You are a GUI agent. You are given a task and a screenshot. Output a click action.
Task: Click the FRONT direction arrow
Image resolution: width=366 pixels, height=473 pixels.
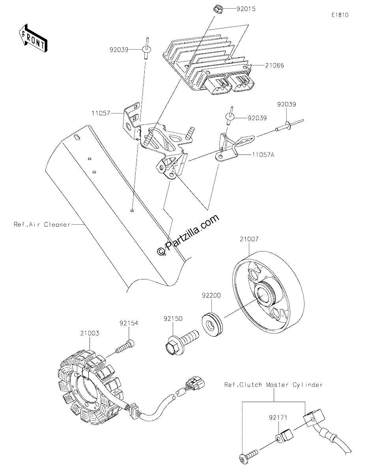point(33,38)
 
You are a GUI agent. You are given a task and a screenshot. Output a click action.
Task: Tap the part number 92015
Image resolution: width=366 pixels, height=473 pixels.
point(246,9)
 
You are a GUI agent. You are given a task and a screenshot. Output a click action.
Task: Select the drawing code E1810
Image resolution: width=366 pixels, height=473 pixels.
point(340,15)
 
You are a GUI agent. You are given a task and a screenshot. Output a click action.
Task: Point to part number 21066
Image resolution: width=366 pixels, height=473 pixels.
point(274,65)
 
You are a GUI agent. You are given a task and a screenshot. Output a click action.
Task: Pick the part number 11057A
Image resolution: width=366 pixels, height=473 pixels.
point(263,155)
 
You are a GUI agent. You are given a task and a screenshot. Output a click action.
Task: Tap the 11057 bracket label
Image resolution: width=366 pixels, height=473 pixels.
point(101,113)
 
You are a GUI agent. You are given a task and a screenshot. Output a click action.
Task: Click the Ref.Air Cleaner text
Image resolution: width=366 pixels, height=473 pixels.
point(42,224)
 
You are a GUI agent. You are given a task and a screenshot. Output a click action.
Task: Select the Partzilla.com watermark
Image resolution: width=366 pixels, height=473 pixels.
point(188,235)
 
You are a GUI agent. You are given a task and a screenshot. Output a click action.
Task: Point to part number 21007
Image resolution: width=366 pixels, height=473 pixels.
point(249,239)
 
